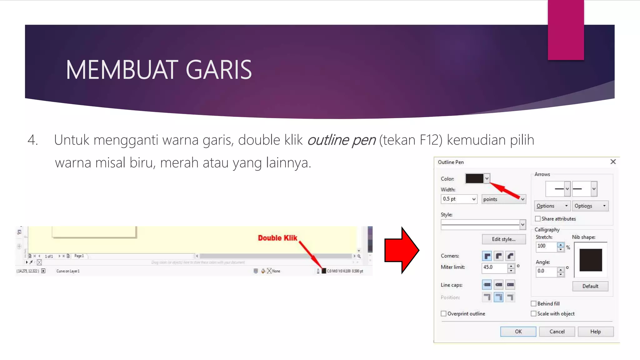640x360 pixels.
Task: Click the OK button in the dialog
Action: coord(518,332)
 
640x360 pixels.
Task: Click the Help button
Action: coord(595,332)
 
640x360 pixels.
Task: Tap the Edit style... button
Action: coord(503,239)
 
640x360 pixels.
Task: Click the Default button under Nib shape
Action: coord(590,286)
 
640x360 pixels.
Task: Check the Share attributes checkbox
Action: coord(538,219)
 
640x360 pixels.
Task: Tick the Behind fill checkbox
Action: coord(534,303)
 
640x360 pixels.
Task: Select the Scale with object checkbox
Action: coord(534,313)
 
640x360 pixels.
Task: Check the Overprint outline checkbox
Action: coord(444,313)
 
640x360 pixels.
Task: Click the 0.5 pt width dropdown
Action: coord(459,199)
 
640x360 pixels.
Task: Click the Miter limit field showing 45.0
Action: coord(494,267)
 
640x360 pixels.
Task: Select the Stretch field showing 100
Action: coord(546,246)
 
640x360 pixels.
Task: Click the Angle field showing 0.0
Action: coord(546,271)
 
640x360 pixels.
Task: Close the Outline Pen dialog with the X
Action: coord(613,162)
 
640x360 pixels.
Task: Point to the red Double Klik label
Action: coord(277,238)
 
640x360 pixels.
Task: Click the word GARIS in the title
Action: coord(219,70)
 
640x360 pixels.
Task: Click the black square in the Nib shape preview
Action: coord(591,260)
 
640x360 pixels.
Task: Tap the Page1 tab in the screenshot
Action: coord(79,256)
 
